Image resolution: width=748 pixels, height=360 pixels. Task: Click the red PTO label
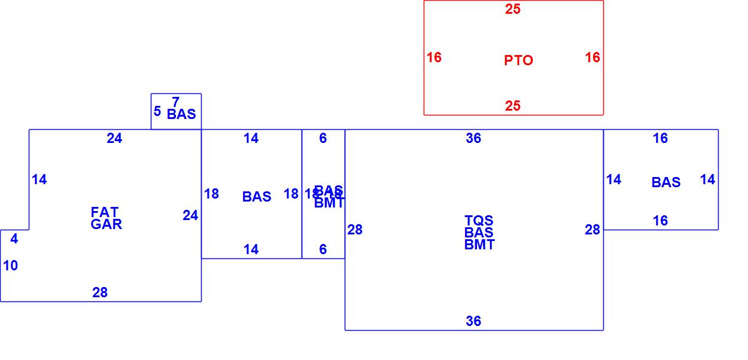518,60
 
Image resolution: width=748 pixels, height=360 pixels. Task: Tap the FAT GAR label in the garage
106,218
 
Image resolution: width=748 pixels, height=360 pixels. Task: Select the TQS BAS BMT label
479,233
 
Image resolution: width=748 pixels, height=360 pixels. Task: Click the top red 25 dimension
513,9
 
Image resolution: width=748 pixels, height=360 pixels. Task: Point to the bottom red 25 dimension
513,106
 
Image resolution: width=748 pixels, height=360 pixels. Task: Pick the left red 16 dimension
434,57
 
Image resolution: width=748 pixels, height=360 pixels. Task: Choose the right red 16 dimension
592,57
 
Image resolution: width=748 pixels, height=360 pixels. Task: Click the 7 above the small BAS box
175,102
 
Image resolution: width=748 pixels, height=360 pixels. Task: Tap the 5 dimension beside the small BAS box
157,111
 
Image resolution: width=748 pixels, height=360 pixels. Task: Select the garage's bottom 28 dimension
100,292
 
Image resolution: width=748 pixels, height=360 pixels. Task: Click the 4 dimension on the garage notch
14,239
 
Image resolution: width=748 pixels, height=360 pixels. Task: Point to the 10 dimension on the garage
11,266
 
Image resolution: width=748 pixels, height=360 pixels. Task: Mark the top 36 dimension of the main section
473,138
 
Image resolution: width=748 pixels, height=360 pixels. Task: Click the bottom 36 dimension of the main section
473,321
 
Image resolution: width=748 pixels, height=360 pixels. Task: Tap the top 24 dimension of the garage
114,138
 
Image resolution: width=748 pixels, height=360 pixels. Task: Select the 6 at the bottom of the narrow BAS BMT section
323,249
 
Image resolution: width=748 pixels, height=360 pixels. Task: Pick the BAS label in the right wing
665,182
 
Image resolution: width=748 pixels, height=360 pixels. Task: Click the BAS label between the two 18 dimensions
257,197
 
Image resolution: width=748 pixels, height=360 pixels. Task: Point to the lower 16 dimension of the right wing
660,221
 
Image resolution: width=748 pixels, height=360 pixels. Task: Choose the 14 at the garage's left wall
39,179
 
